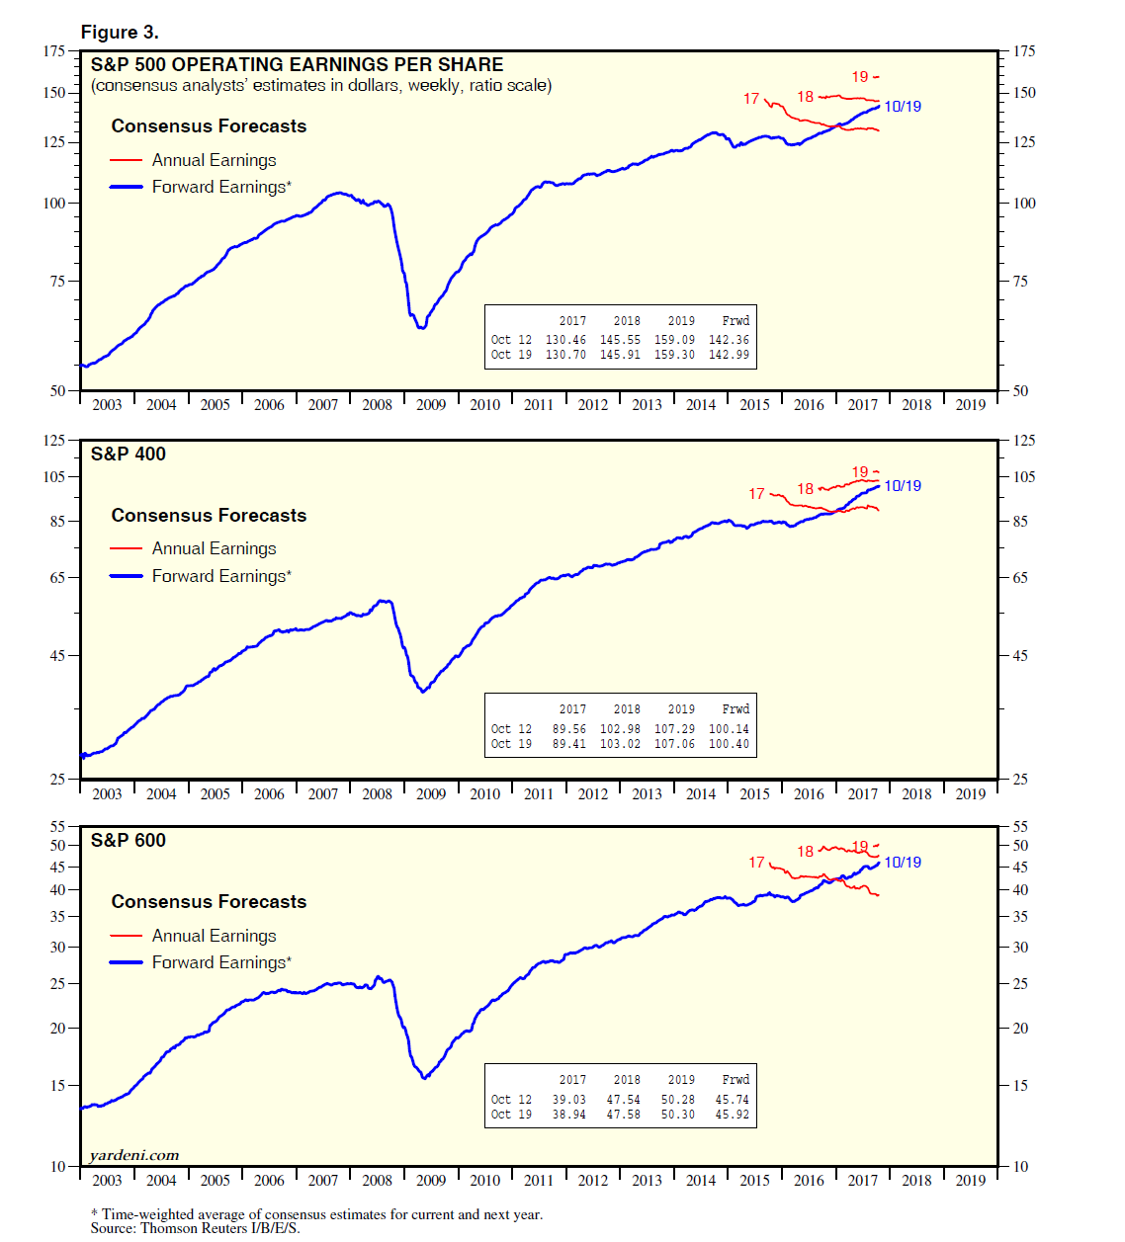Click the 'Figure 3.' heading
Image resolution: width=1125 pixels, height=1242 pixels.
point(120,32)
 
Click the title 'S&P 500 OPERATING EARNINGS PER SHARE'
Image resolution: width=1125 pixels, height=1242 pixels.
point(297,65)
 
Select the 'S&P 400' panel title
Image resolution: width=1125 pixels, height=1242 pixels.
point(129,455)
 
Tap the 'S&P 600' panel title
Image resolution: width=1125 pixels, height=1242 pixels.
point(129,841)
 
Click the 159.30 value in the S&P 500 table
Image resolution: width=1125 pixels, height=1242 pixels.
point(674,355)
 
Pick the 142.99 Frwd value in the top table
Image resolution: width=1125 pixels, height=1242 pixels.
point(729,355)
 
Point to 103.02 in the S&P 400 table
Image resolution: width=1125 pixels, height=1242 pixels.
point(620,744)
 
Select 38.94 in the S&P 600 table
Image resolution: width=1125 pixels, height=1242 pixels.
point(568,1115)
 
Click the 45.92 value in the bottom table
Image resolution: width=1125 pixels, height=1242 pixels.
point(732,1115)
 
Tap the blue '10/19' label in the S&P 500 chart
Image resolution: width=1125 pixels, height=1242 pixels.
point(902,107)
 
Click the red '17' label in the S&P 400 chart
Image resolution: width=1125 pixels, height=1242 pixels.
point(756,494)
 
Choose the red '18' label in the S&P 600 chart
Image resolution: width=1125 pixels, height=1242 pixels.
point(806,852)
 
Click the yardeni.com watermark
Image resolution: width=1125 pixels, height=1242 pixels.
point(134,1155)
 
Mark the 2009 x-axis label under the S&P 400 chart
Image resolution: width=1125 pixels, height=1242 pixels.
point(431,794)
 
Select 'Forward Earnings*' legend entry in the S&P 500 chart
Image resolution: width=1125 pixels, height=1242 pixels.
point(221,187)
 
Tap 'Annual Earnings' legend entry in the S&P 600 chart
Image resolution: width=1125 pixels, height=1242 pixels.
point(214,936)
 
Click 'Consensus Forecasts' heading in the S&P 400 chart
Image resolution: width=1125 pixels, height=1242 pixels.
point(209,516)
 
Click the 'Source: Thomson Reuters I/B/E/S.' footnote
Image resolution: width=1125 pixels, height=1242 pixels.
point(195,1228)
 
